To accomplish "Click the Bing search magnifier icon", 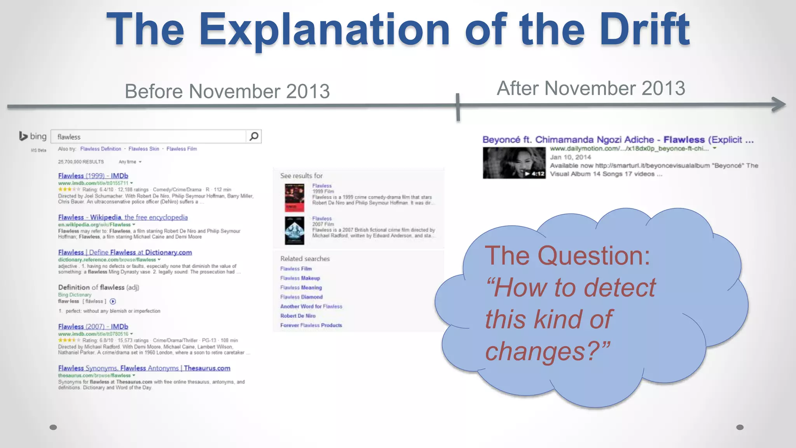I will [x=254, y=136].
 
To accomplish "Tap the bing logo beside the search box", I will [x=33, y=136].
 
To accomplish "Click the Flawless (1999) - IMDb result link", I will [x=93, y=176].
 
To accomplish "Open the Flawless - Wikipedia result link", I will [x=123, y=217].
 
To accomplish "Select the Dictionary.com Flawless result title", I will [x=125, y=252].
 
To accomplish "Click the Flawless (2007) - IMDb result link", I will [x=93, y=327].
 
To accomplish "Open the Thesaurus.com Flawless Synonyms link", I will [x=144, y=368].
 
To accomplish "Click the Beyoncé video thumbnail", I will [x=514, y=163].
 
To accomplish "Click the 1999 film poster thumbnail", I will [x=294, y=198].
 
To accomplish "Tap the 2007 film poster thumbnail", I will [x=294, y=230].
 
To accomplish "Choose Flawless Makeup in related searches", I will [x=300, y=278].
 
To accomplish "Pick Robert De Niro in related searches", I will [x=298, y=316].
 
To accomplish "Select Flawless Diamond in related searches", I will [x=301, y=297].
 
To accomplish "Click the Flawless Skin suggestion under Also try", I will [x=144, y=149].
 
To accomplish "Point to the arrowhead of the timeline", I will [x=779, y=104].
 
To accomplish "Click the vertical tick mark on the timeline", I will [x=458, y=107].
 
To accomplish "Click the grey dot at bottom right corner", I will [x=740, y=427].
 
